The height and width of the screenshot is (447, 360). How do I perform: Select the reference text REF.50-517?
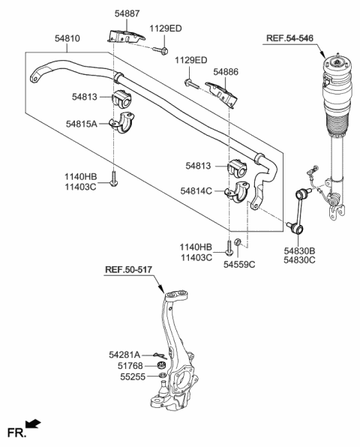(x=133, y=270)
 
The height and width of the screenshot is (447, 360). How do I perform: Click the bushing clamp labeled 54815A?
(x=123, y=122)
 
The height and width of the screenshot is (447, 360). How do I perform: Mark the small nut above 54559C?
(x=238, y=241)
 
